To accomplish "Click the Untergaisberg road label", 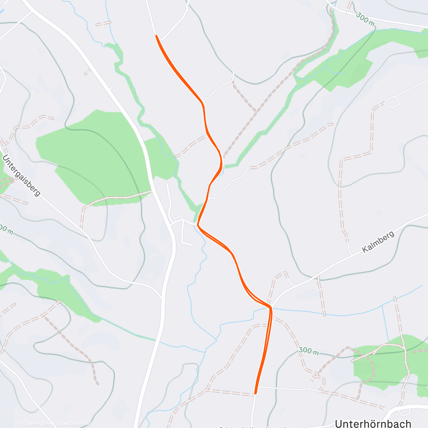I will coord(21,175).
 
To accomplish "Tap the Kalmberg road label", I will coord(378,241).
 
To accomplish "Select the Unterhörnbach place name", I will coord(373,423).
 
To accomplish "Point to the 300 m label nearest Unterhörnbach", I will coord(309,351).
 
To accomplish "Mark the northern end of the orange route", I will coord(156,36).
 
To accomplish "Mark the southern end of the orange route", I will coord(255,393).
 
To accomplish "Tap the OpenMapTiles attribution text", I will coord(36,423).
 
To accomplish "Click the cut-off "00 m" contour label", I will coord(6,230).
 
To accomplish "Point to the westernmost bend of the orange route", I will coord(198,225).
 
